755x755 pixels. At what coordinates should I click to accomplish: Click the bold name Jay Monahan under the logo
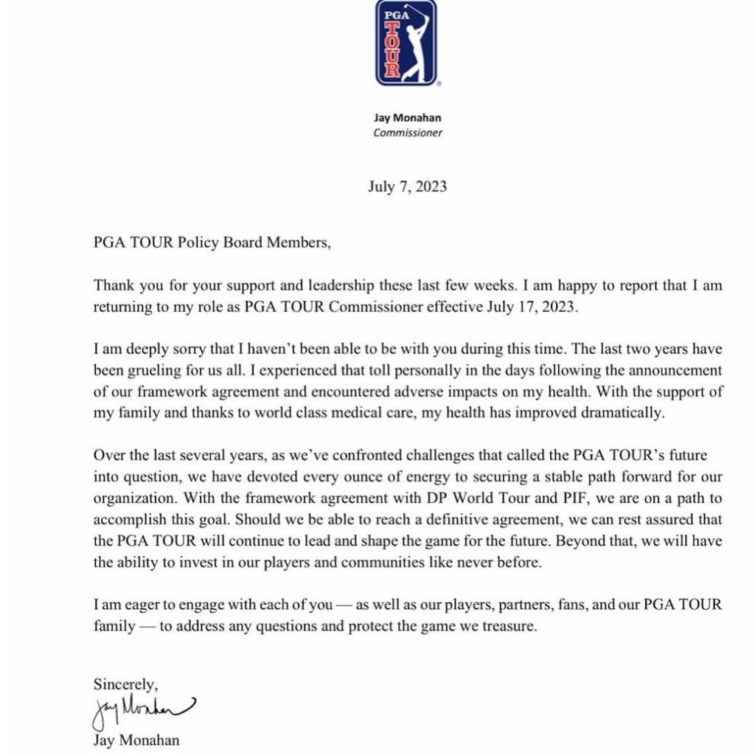407,118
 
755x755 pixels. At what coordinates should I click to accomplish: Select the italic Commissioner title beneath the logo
407,133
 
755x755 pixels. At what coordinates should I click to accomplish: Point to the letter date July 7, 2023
407,187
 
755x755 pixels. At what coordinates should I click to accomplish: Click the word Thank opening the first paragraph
114,286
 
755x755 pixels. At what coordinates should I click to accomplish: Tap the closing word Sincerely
125,683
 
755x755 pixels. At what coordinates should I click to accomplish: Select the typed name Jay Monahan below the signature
136,740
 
